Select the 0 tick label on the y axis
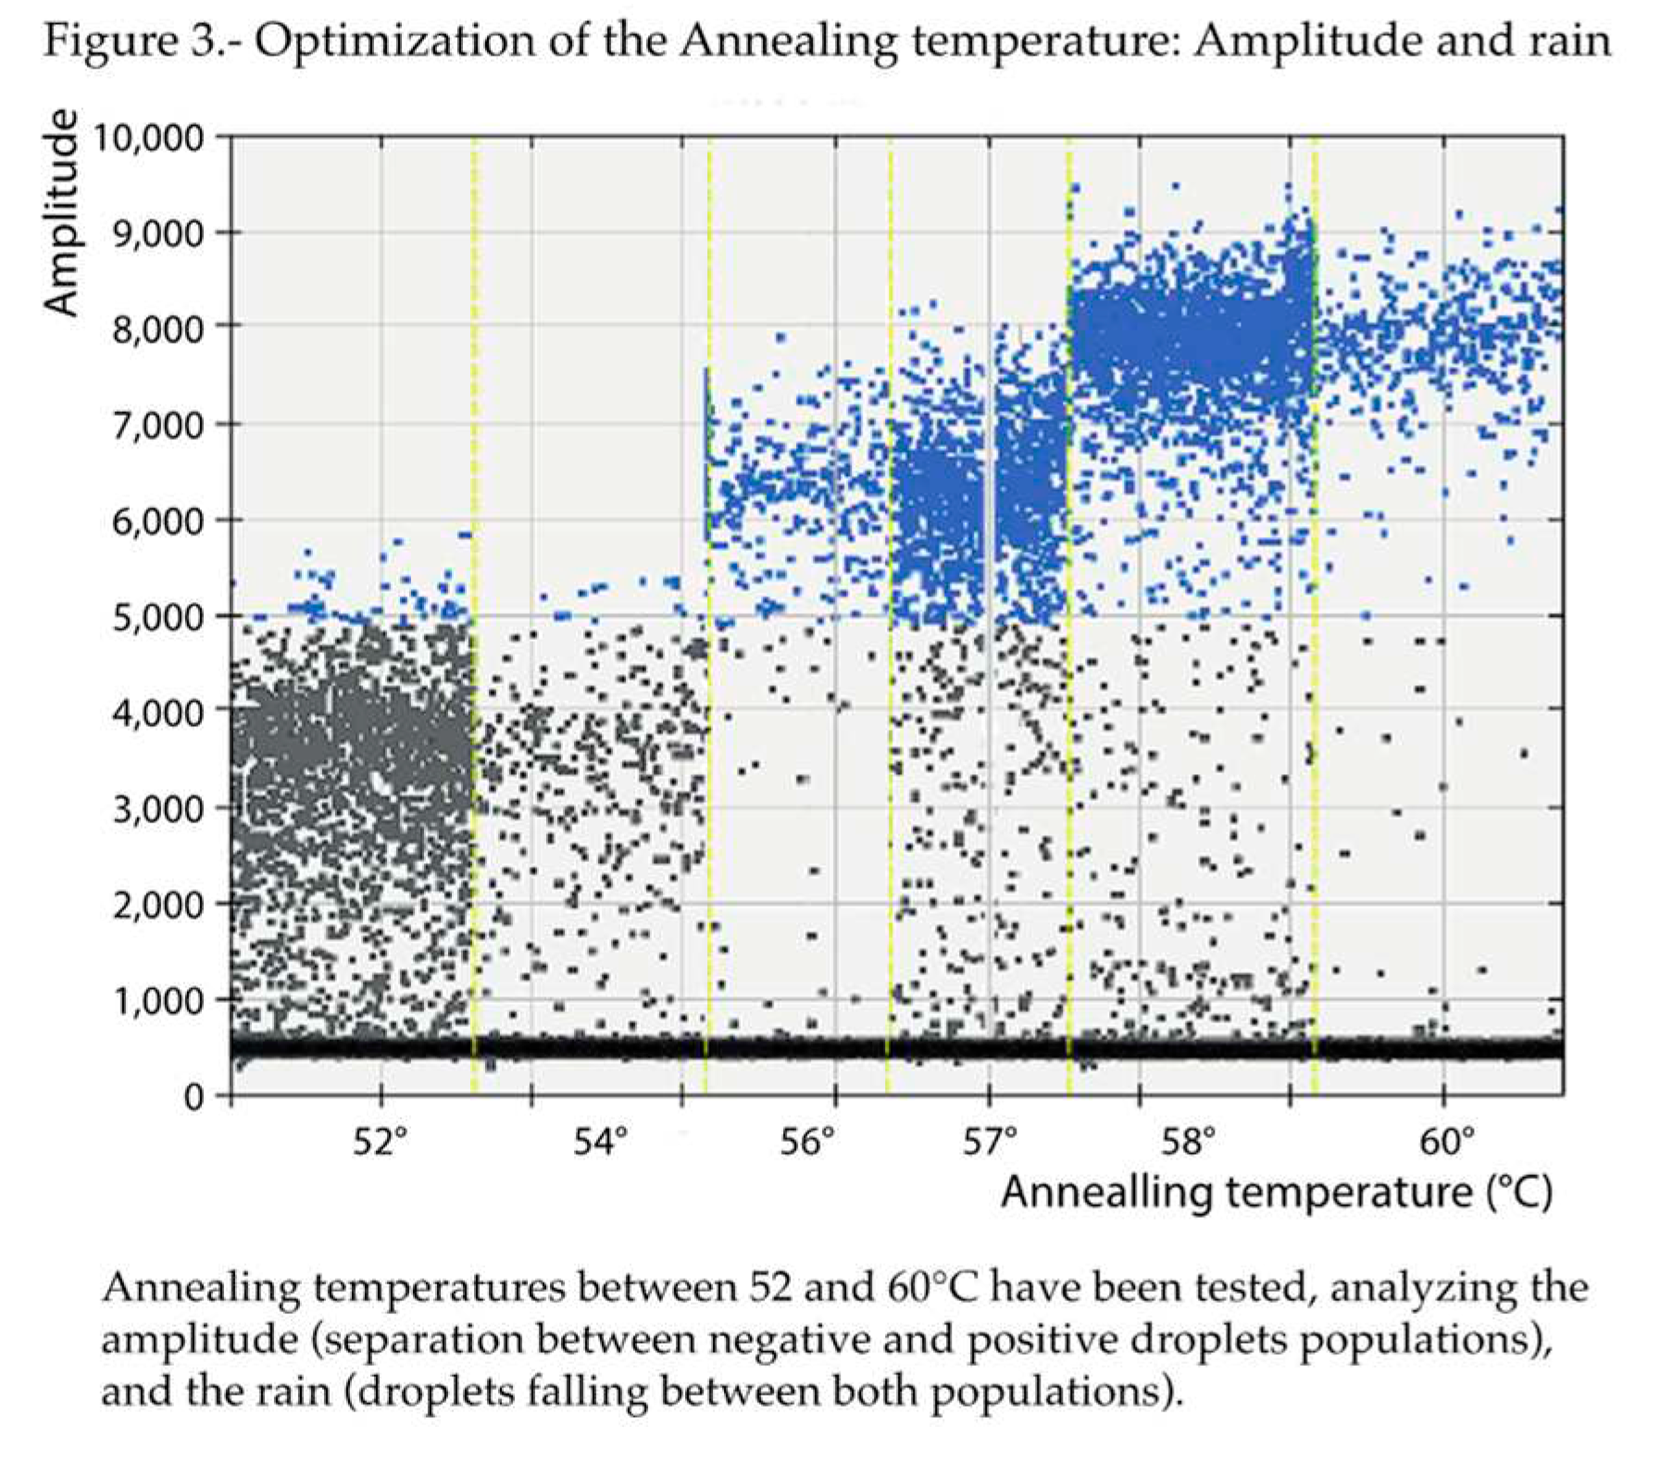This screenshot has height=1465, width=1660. (192, 1096)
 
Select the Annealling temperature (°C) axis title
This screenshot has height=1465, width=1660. (1276, 1193)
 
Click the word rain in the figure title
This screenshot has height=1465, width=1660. (1561, 42)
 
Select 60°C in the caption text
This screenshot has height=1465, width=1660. (926, 1288)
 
